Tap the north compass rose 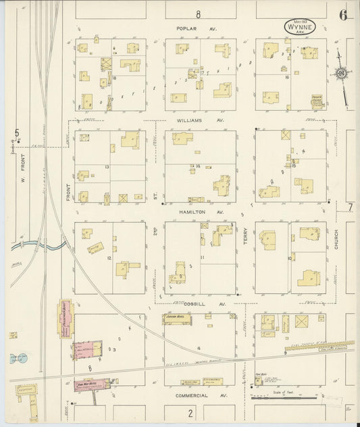click(x=342, y=73)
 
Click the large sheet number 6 click(x=343, y=16)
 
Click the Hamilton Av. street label click(x=191, y=211)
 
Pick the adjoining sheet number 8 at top click(x=199, y=14)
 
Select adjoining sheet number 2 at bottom click(x=190, y=412)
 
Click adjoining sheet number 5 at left click(x=17, y=133)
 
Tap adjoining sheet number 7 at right click(x=350, y=207)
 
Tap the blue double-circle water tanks click(x=14, y=359)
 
